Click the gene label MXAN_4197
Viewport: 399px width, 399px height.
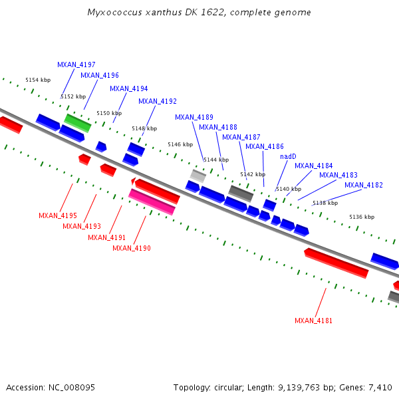click(76, 65)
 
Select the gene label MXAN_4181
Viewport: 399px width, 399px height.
click(313, 321)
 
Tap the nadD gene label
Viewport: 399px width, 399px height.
click(288, 156)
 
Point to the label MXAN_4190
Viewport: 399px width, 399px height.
click(132, 248)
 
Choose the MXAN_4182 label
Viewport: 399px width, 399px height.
click(364, 185)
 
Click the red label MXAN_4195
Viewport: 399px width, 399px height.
click(58, 215)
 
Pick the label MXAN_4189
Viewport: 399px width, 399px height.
click(194, 117)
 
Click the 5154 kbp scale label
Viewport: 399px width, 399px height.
click(38, 80)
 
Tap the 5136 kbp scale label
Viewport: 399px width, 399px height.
click(362, 217)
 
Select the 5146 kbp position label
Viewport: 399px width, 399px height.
click(180, 144)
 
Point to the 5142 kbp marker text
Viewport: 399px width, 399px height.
click(253, 174)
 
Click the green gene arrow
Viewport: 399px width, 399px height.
click(77, 122)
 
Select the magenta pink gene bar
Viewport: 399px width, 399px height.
click(152, 201)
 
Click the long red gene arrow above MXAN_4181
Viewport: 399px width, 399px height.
click(336, 263)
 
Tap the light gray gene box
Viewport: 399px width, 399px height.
click(198, 176)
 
